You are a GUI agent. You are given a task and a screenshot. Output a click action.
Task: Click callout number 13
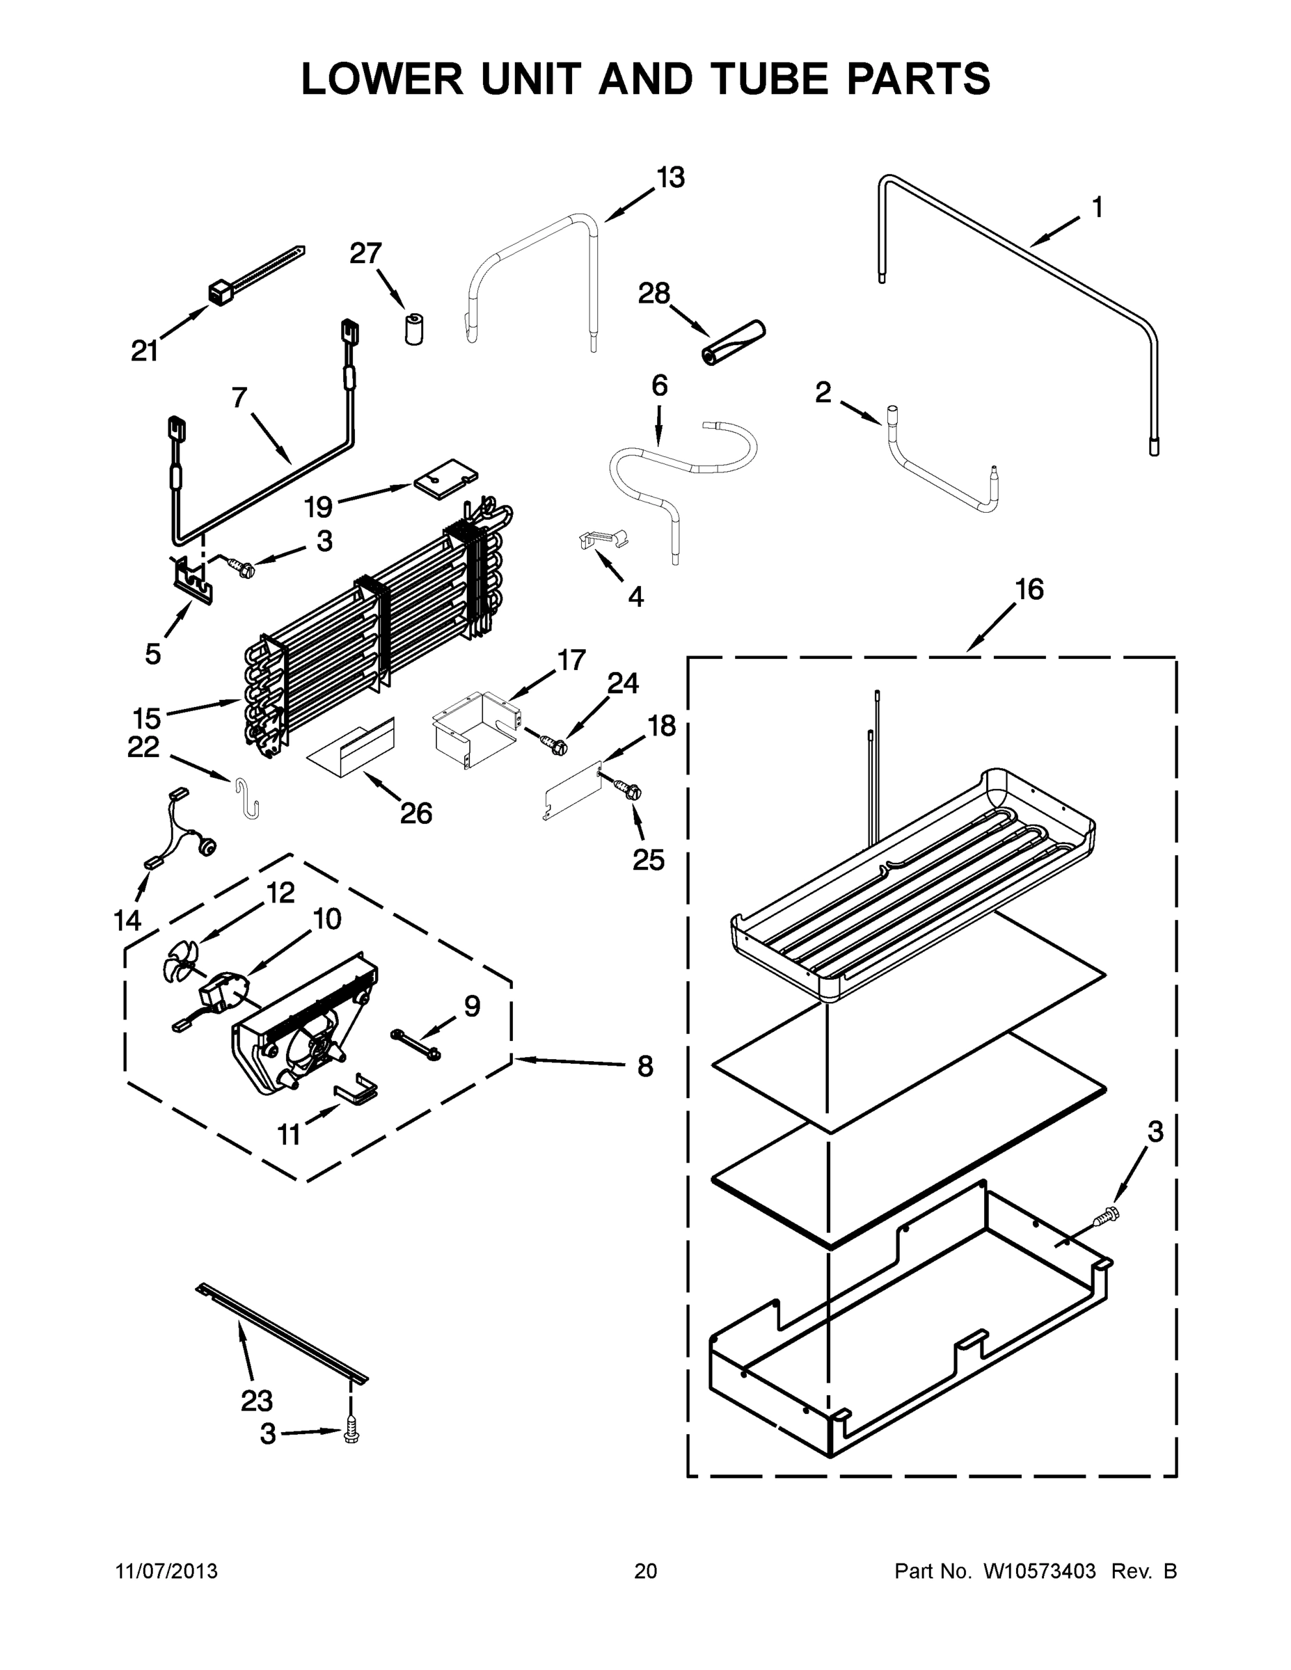[x=671, y=177]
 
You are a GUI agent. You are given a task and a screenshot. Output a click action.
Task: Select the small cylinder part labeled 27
[x=414, y=330]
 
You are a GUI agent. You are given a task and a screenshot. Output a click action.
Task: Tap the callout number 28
[x=655, y=293]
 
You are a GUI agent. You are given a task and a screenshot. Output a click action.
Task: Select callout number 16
[x=1029, y=589]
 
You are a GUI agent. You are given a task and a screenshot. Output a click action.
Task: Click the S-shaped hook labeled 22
[x=247, y=797]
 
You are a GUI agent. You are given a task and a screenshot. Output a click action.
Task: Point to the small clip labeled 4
[x=603, y=539]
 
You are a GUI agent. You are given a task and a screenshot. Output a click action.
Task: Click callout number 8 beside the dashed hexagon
[x=644, y=1066]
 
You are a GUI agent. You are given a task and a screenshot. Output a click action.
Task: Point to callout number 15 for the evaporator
[x=146, y=718]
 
